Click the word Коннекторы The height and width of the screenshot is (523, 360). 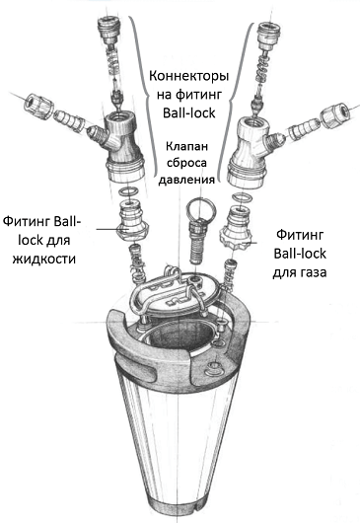click(x=189, y=76)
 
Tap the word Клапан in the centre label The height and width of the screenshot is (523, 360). click(x=186, y=146)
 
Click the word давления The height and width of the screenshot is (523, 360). click(x=186, y=180)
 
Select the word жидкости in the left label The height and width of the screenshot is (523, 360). click(x=44, y=259)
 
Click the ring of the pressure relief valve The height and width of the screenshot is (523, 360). click(x=201, y=209)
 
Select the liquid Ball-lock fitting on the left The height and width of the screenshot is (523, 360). click(x=133, y=224)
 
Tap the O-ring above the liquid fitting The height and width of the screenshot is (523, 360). click(x=128, y=191)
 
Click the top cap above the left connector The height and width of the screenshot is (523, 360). click(x=108, y=30)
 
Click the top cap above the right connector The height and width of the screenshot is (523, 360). click(x=269, y=35)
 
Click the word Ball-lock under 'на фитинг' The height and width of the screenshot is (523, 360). click(x=189, y=113)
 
